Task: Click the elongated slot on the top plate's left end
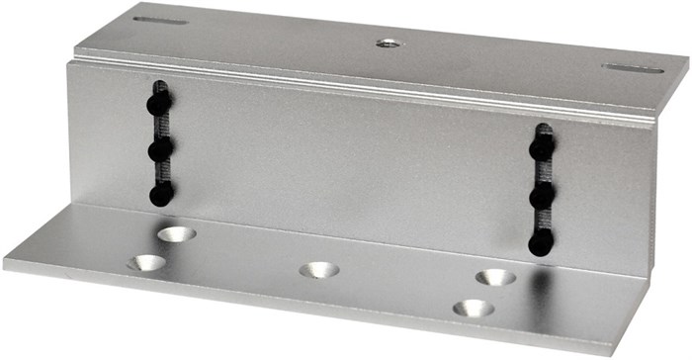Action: tap(160, 20)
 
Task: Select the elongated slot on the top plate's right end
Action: tap(634, 69)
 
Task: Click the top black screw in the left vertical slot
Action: tap(158, 103)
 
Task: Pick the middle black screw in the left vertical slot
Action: tap(160, 150)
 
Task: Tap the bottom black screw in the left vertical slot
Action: tap(160, 194)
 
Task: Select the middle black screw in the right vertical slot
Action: tap(541, 197)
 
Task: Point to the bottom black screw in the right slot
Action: tap(541, 241)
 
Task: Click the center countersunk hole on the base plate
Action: tap(318, 269)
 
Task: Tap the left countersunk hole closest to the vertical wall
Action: tap(176, 234)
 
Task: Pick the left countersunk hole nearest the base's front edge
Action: tap(146, 263)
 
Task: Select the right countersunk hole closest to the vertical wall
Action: tap(495, 277)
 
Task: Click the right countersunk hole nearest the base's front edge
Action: tap(473, 309)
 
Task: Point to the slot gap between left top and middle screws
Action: tap(160, 127)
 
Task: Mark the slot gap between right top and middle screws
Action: tap(542, 172)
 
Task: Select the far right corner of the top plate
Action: tap(688, 61)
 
